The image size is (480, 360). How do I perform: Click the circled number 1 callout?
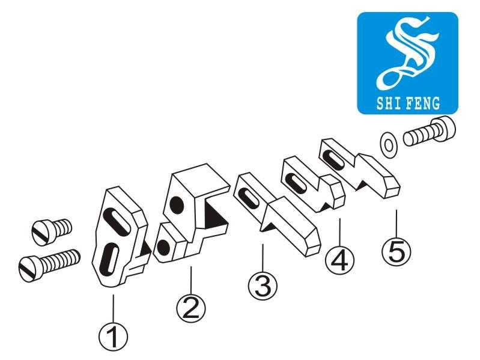click(x=114, y=337)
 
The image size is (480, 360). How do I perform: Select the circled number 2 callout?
click(x=191, y=307)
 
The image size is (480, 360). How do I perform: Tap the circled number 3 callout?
click(x=263, y=285)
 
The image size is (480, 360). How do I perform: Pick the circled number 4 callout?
click(x=339, y=260)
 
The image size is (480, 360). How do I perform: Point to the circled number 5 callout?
click(x=396, y=251)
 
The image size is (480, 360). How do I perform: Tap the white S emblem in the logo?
click(x=408, y=52)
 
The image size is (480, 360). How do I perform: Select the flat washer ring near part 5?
click(x=388, y=145)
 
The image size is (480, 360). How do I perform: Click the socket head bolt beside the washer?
click(x=429, y=131)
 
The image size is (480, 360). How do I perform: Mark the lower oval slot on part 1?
click(x=109, y=257)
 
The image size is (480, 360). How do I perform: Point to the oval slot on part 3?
click(x=252, y=199)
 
